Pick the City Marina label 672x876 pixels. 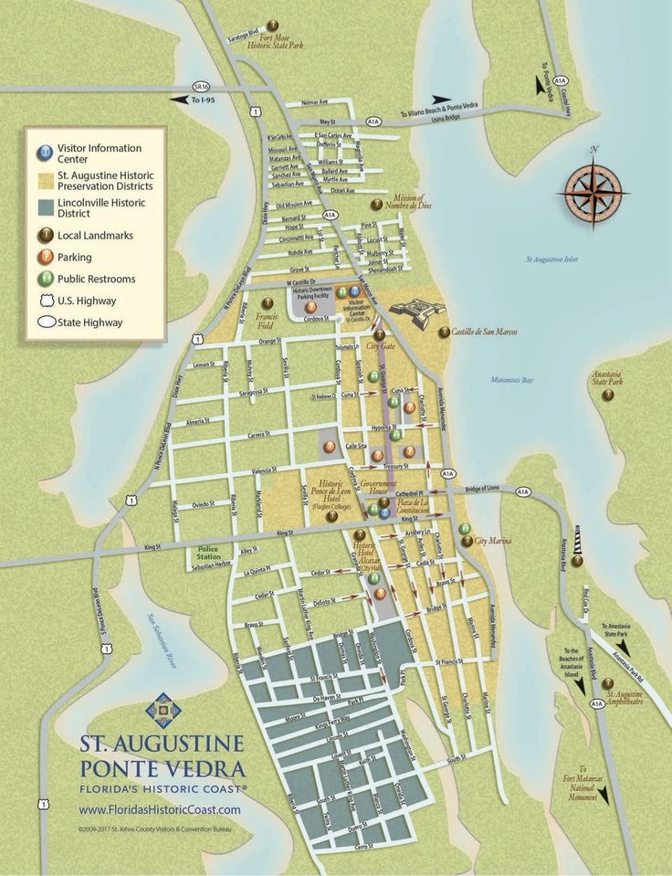(x=494, y=541)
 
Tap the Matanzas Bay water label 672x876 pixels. (x=515, y=379)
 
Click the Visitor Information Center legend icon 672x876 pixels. (x=43, y=153)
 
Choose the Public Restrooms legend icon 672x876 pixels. (x=43, y=278)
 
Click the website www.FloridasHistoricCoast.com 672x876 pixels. (x=160, y=809)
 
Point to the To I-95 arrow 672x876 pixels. (x=187, y=99)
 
